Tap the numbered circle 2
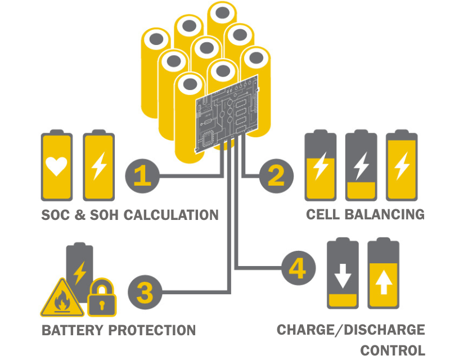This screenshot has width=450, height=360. click(x=276, y=176)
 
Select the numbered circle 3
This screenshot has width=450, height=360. click(x=145, y=292)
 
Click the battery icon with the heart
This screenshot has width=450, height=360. click(x=56, y=166)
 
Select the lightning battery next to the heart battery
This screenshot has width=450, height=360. click(x=98, y=166)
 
